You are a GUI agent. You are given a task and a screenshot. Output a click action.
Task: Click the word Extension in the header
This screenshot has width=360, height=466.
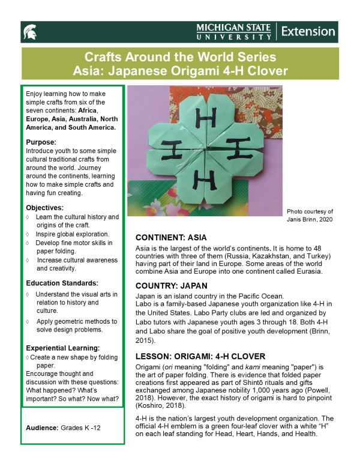[308, 31]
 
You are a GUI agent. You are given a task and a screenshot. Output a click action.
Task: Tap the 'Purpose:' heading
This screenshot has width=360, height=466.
[40, 142]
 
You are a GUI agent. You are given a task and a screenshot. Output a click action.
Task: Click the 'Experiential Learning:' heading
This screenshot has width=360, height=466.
[63, 348]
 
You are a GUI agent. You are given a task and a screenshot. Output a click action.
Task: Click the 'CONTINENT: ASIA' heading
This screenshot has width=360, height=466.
[175, 237]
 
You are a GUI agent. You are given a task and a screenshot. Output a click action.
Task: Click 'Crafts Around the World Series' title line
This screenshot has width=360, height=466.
[180, 58]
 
